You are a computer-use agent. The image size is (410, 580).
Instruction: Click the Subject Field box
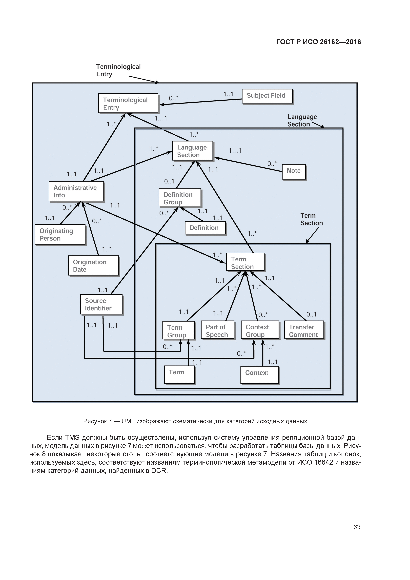(267, 96)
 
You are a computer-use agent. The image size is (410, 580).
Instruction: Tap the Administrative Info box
(76, 191)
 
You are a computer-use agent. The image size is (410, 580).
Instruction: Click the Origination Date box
(93, 266)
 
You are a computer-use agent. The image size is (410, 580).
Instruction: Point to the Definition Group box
(180, 197)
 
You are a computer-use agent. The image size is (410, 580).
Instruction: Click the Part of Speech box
(217, 330)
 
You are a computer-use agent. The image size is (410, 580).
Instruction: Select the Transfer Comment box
(304, 330)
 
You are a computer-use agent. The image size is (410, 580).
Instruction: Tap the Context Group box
(260, 330)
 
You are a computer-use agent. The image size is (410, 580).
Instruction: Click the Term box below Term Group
(179, 375)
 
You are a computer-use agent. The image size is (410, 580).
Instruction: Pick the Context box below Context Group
(259, 375)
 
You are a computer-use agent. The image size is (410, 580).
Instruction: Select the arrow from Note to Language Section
(248, 165)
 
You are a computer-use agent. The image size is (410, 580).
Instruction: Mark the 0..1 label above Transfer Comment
(311, 314)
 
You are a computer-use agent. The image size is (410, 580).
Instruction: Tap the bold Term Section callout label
(311, 219)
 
